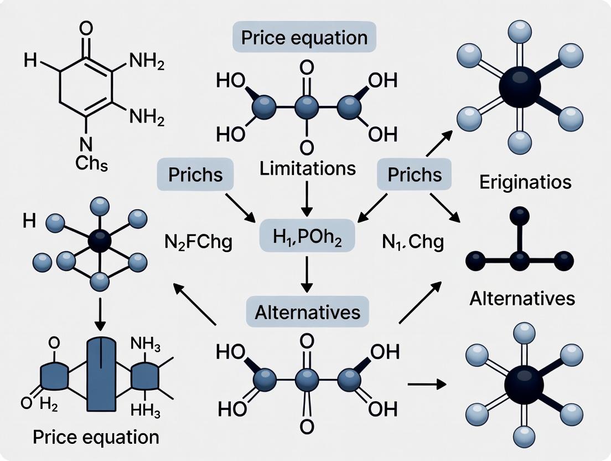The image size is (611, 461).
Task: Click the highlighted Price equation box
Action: pos(304,38)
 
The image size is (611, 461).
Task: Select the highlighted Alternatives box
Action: pos(307,312)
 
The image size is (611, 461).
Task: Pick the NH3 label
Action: pos(146,346)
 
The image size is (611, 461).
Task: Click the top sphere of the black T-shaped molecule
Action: pos(520,215)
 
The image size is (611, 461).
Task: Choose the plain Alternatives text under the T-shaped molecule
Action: pos(522,299)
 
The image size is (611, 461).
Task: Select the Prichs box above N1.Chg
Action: pos(415,175)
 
